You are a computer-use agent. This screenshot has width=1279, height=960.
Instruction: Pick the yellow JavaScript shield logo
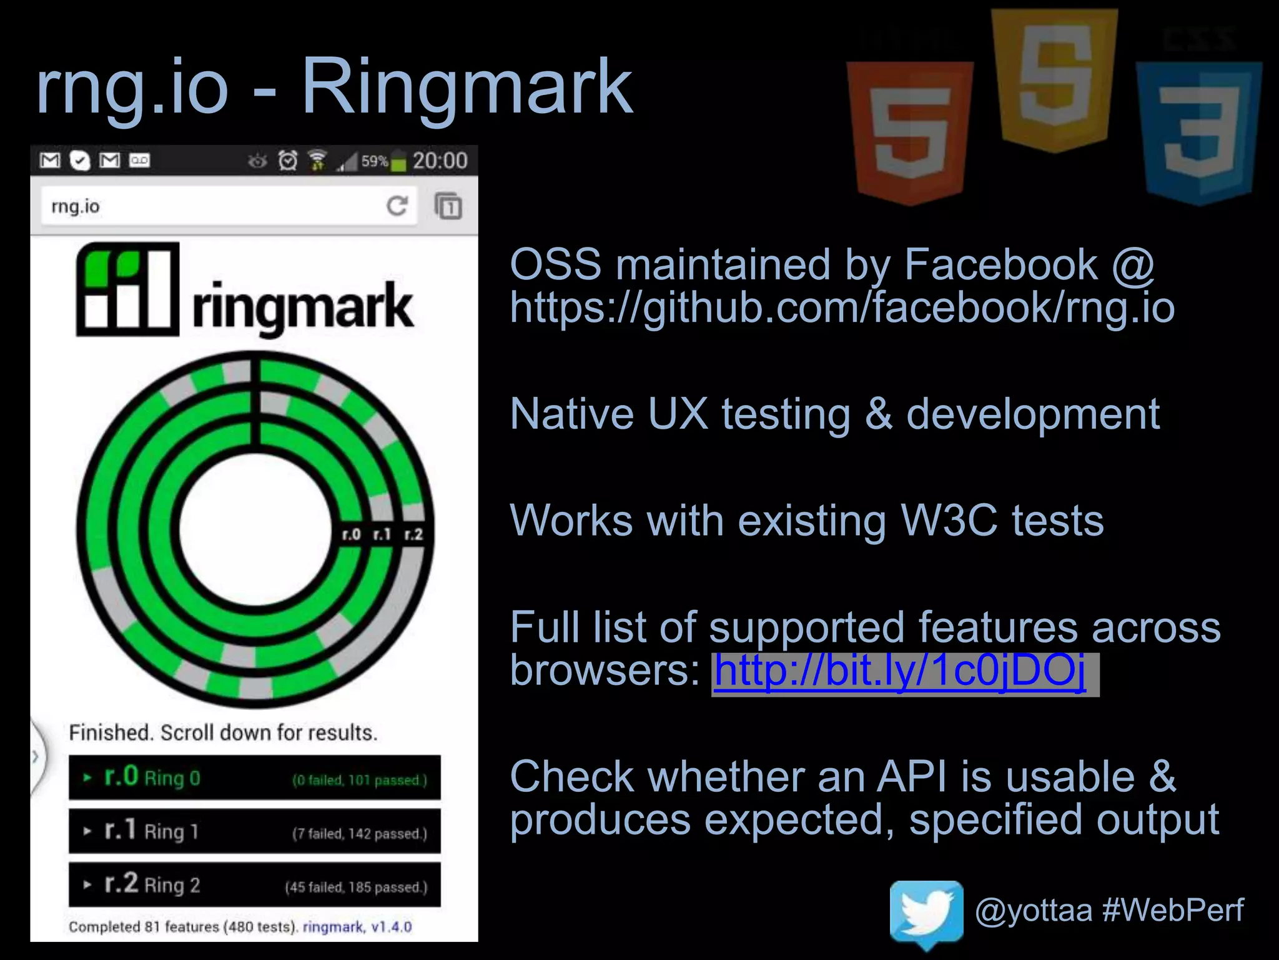click(x=1054, y=80)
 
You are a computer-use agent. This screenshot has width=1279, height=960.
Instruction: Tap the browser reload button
click(x=397, y=206)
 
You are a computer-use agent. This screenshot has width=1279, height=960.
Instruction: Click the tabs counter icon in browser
click(x=448, y=206)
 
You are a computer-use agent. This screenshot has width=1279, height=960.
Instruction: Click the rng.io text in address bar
click(x=76, y=206)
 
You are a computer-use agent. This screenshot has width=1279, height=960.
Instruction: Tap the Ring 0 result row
click(x=254, y=777)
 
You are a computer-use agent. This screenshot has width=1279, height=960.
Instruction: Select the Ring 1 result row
click(x=254, y=831)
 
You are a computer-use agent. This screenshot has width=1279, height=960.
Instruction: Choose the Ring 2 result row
click(x=254, y=884)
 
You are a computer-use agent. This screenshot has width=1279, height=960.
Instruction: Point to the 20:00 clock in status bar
click(x=440, y=161)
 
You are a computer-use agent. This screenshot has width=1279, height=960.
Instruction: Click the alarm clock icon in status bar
click(x=288, y=161)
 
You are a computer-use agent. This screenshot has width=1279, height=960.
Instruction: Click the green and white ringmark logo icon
click(x=127, y=289)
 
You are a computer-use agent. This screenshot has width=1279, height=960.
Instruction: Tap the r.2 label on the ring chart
click(x=413, y=534)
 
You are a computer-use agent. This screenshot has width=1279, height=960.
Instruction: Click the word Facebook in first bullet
click(x=1000, y=264)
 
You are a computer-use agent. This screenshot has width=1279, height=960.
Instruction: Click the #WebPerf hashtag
click(x=1173, y=909)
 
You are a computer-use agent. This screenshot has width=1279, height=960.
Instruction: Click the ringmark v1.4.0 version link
click(x=357, y=927)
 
